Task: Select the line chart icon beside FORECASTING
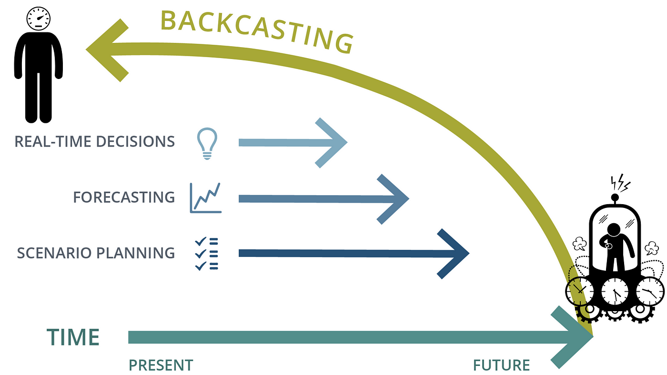[205, 197]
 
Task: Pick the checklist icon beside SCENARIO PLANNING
[206, 253]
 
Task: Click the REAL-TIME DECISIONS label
[95, 142]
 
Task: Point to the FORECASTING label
[124, 197]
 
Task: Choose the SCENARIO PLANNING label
[96, 253]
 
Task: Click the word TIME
[73, 337]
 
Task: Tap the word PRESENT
[161, 365]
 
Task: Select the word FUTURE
[501, 365]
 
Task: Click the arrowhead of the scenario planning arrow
[457, 253]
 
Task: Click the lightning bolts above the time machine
[620, 183]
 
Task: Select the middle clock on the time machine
[614, 291]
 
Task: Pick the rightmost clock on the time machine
[649, 291]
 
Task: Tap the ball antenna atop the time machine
[615, 197]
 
